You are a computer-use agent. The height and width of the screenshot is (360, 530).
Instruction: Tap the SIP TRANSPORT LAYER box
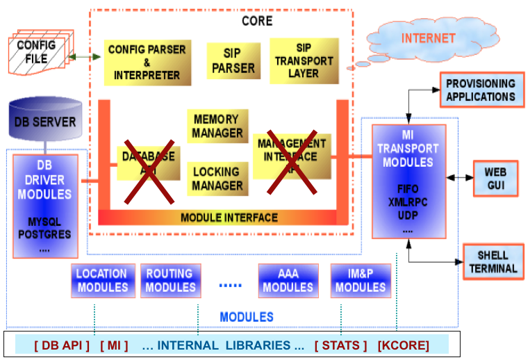(304, 61)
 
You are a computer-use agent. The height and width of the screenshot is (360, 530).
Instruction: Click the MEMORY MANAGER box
(218, 126)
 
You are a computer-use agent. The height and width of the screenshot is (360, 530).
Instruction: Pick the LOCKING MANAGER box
(218, 179)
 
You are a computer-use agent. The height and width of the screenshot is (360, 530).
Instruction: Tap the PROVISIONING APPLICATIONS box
(480, 90)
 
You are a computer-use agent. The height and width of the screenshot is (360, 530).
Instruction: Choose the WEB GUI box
(495, 178)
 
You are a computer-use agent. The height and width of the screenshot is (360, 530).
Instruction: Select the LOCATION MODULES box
(101, 281)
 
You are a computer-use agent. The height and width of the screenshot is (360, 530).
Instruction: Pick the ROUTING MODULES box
(170, 281)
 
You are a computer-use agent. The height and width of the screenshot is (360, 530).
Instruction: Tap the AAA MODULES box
(288, 281)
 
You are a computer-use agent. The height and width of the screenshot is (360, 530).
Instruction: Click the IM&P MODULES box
(360, 281)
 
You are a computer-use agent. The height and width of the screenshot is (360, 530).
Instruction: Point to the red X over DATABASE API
(148, 165)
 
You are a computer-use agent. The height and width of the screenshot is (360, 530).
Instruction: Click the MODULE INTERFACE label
(229, 218)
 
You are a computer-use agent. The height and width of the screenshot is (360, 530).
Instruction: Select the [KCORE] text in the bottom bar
(404, 345)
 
